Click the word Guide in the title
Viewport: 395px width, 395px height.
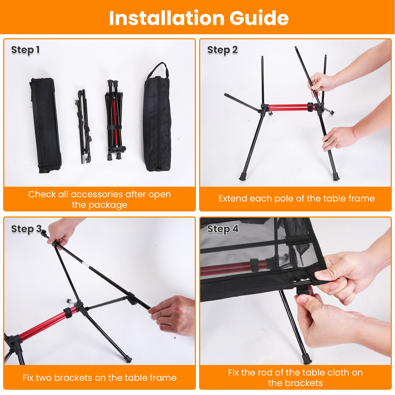point(259,18)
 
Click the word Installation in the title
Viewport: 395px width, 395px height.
point(166,18)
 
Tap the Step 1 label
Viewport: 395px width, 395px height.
point(25,50)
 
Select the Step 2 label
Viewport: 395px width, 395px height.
point(222,50)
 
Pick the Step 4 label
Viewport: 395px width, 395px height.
point(223,229)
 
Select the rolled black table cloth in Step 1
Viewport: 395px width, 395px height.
point(45,125)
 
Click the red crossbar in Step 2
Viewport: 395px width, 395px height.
point(288,107)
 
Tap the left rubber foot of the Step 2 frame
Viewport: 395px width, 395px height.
point(243,176)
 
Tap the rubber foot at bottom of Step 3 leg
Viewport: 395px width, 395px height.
point(128,359)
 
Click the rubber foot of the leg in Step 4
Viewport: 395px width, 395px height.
point(307,359)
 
